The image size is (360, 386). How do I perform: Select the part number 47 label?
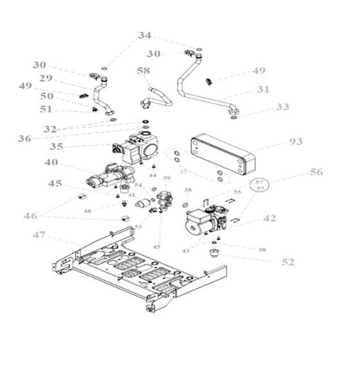pyautogui.click(x=40, y=235)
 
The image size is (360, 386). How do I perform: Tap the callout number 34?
pyautogui.click(x=145, y=35)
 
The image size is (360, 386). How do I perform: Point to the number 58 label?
pyautogui.click(x=143, y=70)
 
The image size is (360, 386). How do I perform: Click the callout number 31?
pyautogui.click(x=263, y=89)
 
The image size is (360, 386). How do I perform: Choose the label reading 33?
pyautogui.click(x=282, y=107)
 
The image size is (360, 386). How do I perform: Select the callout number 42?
pyautogui.click(x=269, y=219)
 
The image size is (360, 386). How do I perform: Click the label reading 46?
pyautogui.click(x=31, y=216)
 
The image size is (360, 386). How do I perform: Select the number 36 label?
pyautogui.click(x=24, y=138)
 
